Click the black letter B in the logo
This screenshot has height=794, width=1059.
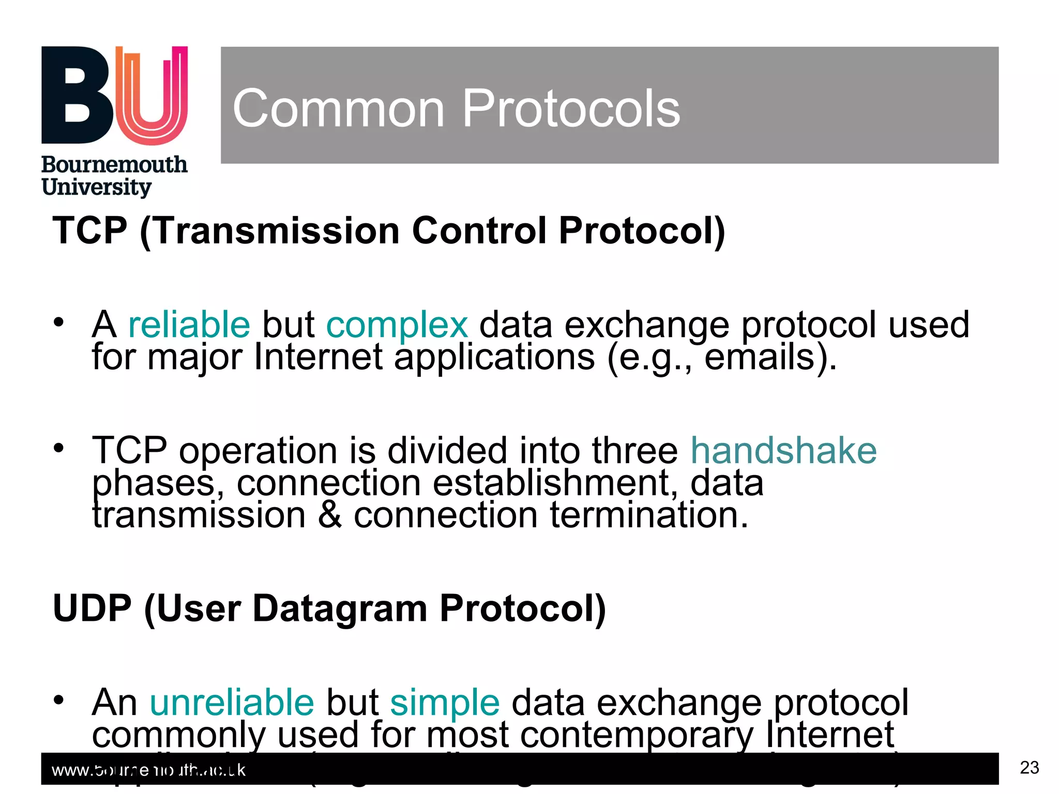(x=78, y=96)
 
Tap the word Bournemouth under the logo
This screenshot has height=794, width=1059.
(x=114, y=165)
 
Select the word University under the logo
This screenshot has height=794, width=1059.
(x=97, y=187)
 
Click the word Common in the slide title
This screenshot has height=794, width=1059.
(x=339, y=109)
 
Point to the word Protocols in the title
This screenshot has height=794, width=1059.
(x=571, y=109)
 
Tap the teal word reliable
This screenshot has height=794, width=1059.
(x=189, y=325)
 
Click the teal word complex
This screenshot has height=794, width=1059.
(x=397, y=325)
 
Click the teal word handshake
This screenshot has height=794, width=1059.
(x=783, y=450)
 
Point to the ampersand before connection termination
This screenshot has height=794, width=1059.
(x=330, y=515)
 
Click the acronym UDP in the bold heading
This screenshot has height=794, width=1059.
(x=92, y=608)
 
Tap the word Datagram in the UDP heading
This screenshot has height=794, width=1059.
(x=340, y=608)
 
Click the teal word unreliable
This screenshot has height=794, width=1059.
(x=232, y=703)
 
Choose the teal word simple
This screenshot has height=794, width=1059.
(x=445, y=703)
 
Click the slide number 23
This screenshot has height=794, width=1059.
(x=1029, y=768)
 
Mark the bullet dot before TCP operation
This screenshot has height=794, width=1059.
(x=58, y=448)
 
